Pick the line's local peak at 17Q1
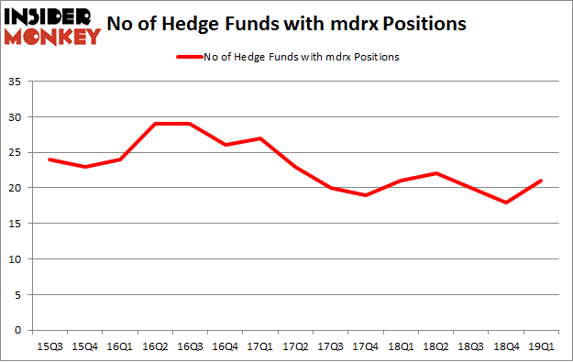coord(260,138)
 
